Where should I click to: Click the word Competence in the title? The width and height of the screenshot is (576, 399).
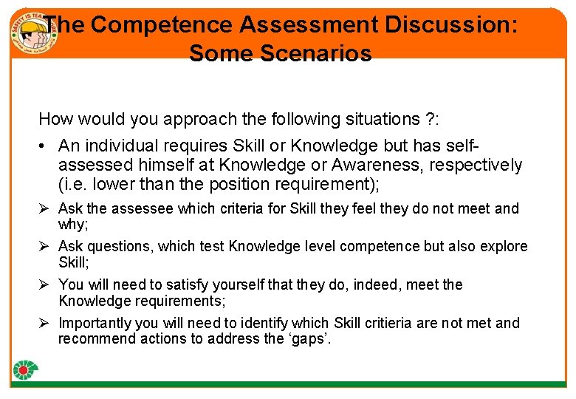coord(160,24)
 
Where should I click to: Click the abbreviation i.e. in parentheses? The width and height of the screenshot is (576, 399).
coord(75,183)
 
